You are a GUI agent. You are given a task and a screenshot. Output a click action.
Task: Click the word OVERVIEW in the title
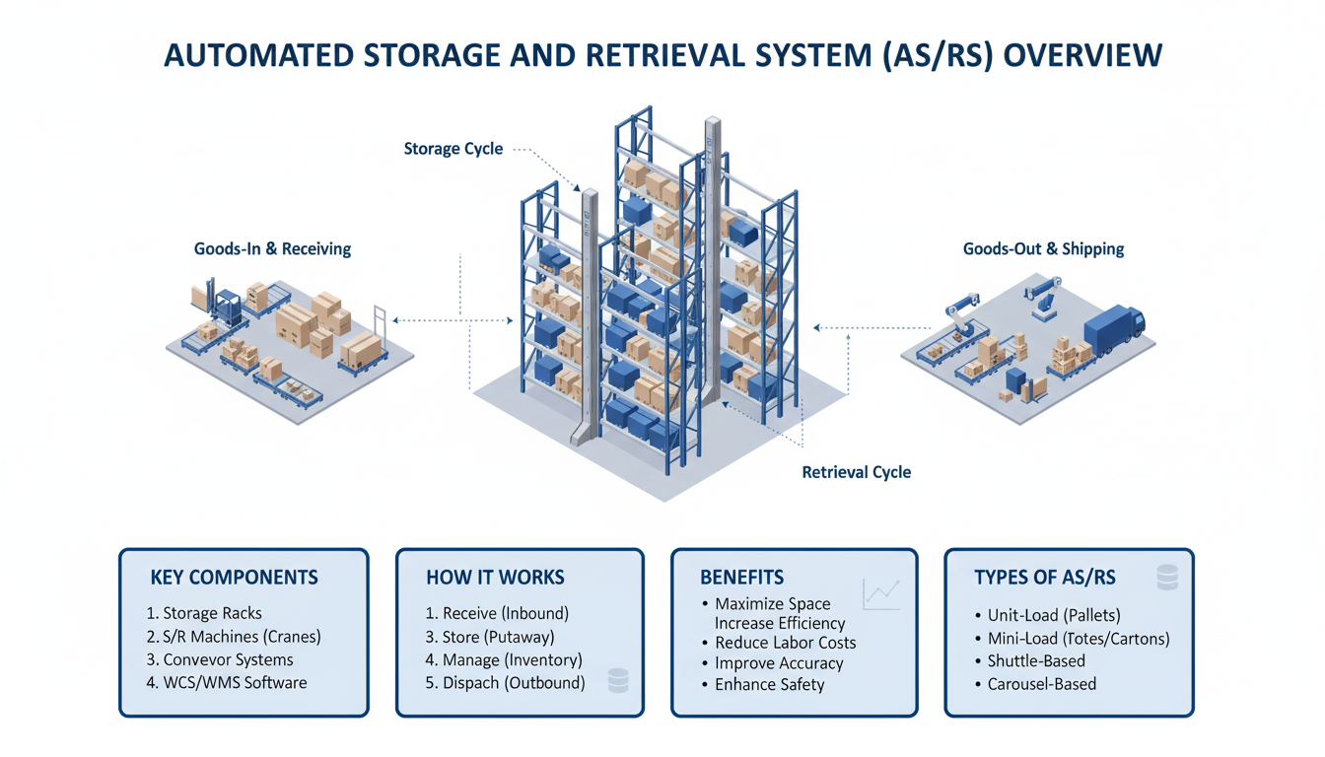pyautogui.click(x=1081, y=54)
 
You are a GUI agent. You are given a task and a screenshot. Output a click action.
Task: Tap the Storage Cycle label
pyautogui.click(x=453, y=149)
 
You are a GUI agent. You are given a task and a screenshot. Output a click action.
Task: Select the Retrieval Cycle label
pyautogui.click(x=856, y=472)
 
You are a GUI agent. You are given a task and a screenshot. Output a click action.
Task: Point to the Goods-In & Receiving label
pyautogui.click(x=272, y=248)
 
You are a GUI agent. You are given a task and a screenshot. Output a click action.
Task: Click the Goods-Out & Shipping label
pyautogui.click(x=1043, y=248)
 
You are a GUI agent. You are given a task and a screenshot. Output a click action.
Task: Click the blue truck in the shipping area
pyautogui.click(x=1114, y=330)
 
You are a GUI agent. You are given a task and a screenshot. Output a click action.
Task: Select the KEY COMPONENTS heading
pyautogui.click(x=234, y=578)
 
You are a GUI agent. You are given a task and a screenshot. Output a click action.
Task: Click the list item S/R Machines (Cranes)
pyautogui.click(x=234, y=637)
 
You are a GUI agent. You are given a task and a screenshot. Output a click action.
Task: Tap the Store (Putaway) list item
pyautogui.click(x=490, y=637)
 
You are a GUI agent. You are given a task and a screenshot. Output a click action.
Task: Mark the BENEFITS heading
pyautogui.click(x=741, y=578)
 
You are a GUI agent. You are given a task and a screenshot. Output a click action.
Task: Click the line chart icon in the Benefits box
pyautogui.click(x=880, y=592)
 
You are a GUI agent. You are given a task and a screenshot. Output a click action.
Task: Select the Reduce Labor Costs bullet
pyautogui.click(x=785, y=643)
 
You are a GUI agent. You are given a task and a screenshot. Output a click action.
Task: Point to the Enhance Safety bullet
pyautogui.click(x=769, y=684)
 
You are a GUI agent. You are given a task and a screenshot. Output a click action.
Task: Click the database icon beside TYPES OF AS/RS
pyautogui.click(x=1167, y=578)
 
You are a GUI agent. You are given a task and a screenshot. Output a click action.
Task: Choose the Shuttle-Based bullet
pyautogui.click(x=1035, y=660)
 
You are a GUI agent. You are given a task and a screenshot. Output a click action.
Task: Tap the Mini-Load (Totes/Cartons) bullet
pyautogui.click(x=1078, y=639)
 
